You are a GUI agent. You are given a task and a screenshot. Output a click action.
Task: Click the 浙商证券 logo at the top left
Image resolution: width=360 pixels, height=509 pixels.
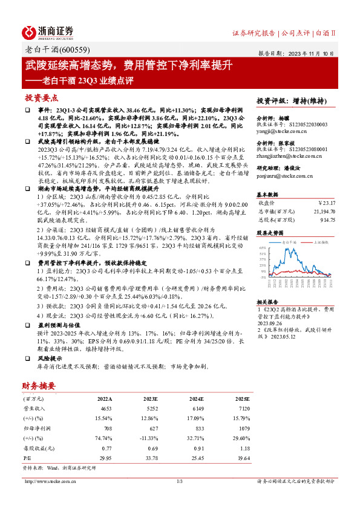point(48,31)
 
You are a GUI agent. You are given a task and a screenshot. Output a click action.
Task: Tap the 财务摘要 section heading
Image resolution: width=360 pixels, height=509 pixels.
point(39,386)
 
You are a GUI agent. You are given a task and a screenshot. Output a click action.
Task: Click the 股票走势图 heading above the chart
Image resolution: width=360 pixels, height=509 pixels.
point(269,232)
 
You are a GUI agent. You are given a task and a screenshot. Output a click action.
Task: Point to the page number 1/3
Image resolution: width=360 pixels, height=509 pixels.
point(180,481)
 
